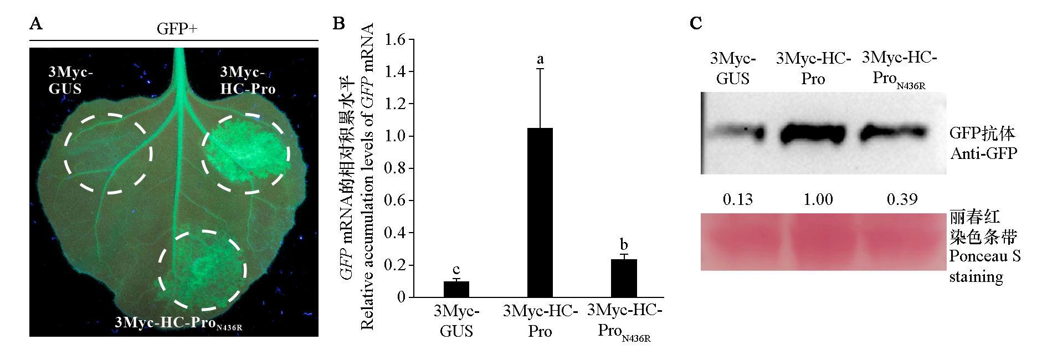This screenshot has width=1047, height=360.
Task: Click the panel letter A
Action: [x=36, y=24]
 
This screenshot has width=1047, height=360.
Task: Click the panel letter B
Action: [x=338, y=24]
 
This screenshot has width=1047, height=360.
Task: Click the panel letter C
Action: [x=696, y=24]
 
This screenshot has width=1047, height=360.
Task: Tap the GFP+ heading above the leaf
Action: [x=177, y=29]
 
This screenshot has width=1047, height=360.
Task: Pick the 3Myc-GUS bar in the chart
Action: [x=456, y=289]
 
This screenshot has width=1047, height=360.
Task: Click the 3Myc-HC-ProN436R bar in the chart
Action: [x=624, y=278]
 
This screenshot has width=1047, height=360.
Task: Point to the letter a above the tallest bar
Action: [x=540, y=59]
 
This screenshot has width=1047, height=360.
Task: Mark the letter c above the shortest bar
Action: [x=456, y=270]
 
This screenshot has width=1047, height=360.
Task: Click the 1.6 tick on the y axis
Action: [x=395, y=39]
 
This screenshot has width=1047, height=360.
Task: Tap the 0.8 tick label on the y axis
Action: [x=395, y=168]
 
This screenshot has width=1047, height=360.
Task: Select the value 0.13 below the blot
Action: [x=738, y=199]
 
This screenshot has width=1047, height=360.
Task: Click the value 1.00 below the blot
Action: [x=818, y=199]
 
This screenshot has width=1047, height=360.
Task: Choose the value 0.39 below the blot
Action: [x=902, y=199]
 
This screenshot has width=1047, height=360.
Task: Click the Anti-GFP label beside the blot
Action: [x=984, y=153]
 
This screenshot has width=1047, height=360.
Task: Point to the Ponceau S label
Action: [x=984, y=256]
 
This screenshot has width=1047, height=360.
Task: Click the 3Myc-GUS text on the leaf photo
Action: [x=70, y=80]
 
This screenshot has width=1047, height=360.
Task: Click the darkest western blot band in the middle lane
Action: [x=813, y=134]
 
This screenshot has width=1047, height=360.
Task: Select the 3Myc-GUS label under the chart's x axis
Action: [x=456, y=321]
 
